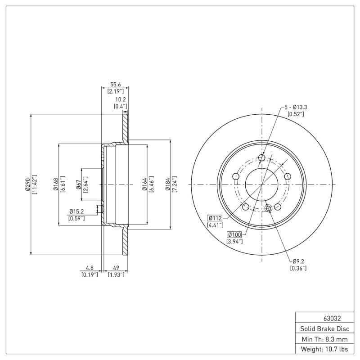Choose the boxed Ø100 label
(x=235, y=234)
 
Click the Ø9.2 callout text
(x=299, y=261)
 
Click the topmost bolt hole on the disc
(x=262, y=157)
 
